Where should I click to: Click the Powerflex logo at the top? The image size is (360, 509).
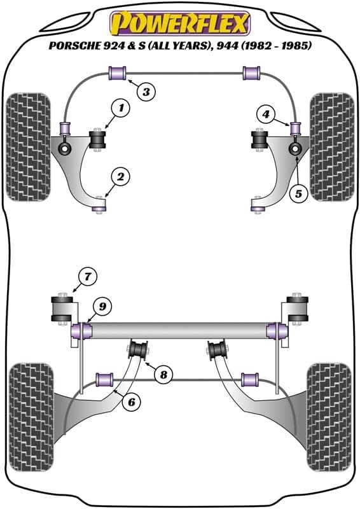[180, 24]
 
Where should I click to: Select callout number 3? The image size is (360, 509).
[146, 93]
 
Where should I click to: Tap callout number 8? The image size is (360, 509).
[164, 375]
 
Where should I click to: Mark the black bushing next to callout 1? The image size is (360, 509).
[99, 141]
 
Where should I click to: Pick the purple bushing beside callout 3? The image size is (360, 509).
[118, 73]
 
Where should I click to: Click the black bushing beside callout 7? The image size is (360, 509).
[62, 308]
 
